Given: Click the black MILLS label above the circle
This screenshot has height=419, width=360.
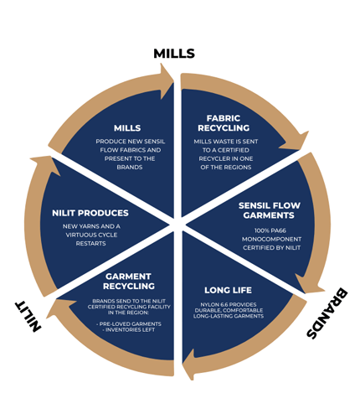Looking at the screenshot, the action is (x=174, y=54).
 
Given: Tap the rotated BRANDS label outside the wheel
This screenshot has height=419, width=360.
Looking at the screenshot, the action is (x=327, y=313).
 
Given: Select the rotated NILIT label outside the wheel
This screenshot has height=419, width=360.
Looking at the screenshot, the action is (x=28, y=316).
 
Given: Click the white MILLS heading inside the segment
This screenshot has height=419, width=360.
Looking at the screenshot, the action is (x=127, y=128).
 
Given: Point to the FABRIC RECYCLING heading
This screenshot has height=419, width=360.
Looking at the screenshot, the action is (x=224, y=123).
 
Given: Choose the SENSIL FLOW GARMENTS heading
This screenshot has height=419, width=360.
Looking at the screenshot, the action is (x=270, y=210).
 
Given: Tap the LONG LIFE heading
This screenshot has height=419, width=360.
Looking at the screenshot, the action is (x=228, y=290).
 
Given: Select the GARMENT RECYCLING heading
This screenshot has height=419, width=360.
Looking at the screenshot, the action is (x=129, y=282).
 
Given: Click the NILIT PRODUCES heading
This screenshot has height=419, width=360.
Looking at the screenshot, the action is (x=90, y=213).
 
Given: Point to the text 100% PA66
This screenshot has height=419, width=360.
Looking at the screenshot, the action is (x=270, y=230).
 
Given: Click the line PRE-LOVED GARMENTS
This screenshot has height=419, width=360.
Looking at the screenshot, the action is (x=129, y=324).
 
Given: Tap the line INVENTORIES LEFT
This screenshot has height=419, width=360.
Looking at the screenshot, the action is (x=129, y=330).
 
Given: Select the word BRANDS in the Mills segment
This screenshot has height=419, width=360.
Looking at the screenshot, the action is (x=130, y=167).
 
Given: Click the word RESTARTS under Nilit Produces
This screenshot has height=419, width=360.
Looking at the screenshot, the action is (x=90, y=243).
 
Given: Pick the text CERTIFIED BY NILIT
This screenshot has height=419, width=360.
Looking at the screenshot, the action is (x=271, y=248).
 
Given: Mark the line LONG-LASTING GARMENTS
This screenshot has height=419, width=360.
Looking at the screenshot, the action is (x=229, y=316).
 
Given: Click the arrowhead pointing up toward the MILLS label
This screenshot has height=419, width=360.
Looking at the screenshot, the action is (x=167, y=81).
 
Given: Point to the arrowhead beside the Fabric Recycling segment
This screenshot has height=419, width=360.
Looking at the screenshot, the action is (x=295, y=140).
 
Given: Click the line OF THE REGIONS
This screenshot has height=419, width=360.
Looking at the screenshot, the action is (x=226, y=168).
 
